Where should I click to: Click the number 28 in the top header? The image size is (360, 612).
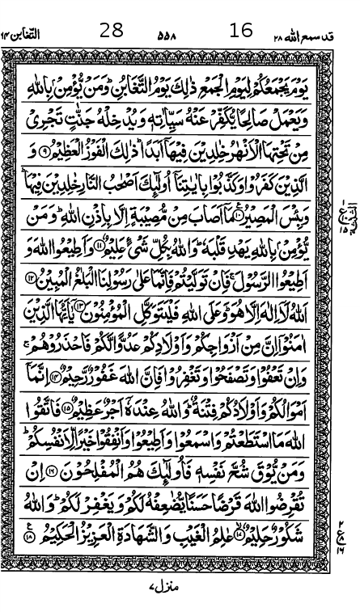click(112, 31)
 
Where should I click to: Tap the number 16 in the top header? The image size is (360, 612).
click(241, 31)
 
